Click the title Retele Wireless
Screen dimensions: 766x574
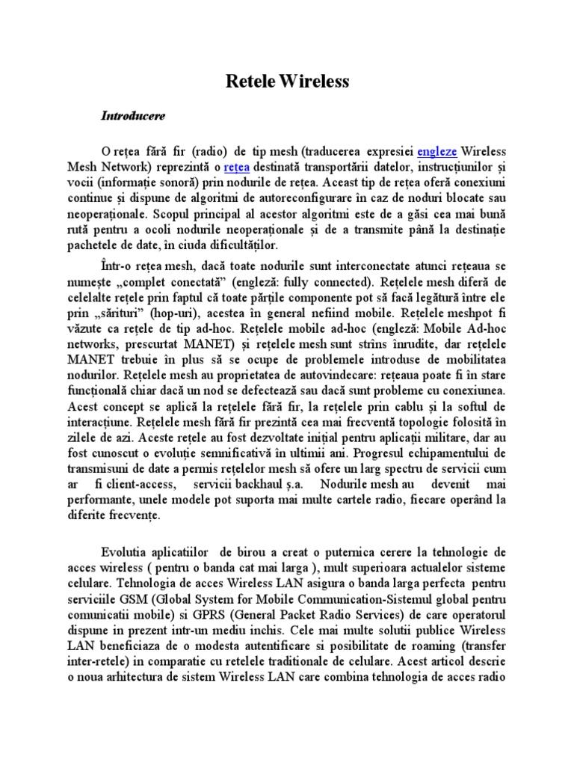point(288,82)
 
